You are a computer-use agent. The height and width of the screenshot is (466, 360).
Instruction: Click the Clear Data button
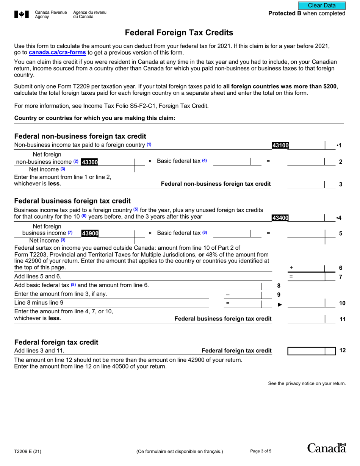coord(322,5)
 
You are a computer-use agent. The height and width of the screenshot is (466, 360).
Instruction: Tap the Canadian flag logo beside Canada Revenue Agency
coord(21,15)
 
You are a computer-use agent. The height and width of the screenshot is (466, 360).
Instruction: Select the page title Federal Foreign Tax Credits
coord(179,33)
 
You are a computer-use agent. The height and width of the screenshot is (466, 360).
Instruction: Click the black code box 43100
coord(280,145)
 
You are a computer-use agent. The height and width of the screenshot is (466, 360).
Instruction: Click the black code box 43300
coord(90,162)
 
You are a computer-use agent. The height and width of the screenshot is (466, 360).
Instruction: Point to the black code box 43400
coord(280,218)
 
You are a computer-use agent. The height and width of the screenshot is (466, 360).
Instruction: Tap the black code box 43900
coord(90,234)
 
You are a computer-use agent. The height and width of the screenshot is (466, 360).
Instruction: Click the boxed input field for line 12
coord(307,351)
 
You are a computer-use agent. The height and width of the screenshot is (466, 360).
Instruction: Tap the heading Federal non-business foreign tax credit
coord(80,136)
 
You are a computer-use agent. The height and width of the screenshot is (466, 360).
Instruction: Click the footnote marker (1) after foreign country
coord(149,145)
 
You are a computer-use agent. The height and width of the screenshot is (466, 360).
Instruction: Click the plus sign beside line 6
coord(291,267)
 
